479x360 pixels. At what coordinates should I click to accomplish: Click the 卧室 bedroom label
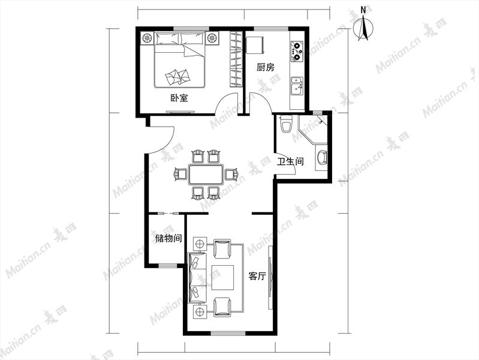pyautogui.click(x=179, y=98)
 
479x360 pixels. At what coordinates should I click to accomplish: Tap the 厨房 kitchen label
pyautogui.click(x=265, y=67)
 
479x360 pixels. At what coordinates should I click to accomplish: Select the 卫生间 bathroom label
pyautogui.click(x=290, y=161)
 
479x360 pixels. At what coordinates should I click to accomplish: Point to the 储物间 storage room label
pyautogui.click(x=168, y=238)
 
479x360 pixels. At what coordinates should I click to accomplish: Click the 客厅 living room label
pyautogui.click(x=257, y=277)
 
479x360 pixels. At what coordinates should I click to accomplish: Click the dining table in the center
pyautogui.click(x=206, y=175)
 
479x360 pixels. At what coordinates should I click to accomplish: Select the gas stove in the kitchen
pyautogui.click(x=297, y=51)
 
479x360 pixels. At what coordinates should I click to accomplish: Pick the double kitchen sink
pyautogui.click(x=297, y=86)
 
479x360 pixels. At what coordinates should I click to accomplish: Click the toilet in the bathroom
pyautogui.click(x=287, y=124)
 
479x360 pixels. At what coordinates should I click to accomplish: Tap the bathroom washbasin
pyautogui.click(x=321, y=157)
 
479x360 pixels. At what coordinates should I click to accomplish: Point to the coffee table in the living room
pyautogui.click(x=222, y=277)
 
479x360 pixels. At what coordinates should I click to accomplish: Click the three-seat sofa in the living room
pyautogui.click(x=198, y=278)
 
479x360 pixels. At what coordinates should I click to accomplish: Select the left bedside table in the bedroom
pyautogui.click(x=147, y=38)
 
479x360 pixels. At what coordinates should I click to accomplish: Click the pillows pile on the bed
pyautogui.click(x=177, y=77)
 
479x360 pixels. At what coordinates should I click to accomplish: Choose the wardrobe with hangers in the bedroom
pyautogui.click(x=236, y=59)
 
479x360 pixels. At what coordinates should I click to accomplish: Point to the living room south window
pyautogui.click(x=228, y=333)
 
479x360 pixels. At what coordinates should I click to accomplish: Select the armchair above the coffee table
pyautogui.click(x=222, y=248)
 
